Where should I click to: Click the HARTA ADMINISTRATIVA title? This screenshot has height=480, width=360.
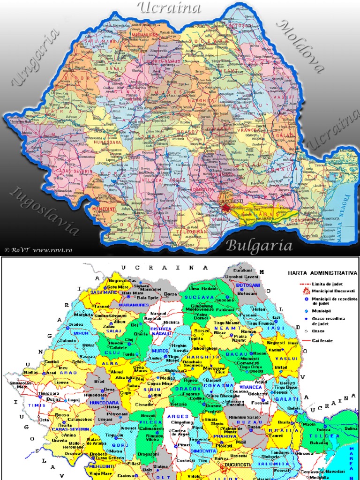pyautogui.click(x=322, y=273)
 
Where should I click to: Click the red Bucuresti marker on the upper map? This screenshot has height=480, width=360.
pyautogui.click(x=227, y=208)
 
